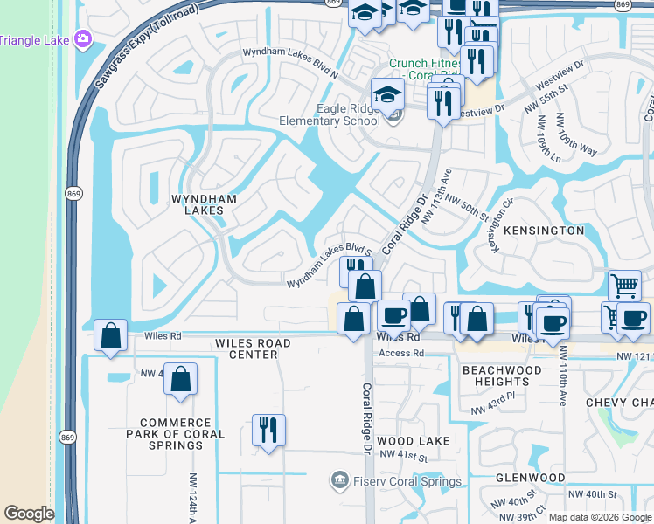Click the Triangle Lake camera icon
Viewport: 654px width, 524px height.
coord(84,38)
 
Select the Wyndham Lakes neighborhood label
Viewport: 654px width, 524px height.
coord(204,204)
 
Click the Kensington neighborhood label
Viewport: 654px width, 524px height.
coord(545,231)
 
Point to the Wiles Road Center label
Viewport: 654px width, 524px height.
coord(247,348)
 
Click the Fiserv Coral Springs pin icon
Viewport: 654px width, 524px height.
coord(339,480)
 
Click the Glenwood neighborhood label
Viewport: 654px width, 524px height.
coord(530,478)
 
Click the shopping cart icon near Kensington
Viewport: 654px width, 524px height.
coord(624,285)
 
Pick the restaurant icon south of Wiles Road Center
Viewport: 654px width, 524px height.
coord(268,431)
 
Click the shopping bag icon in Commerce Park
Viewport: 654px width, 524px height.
coord(180,379)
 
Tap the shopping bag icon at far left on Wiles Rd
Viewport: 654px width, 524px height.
coord(111,335)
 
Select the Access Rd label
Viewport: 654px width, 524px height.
coord(400,354)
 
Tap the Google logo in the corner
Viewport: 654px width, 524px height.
coord(29,514)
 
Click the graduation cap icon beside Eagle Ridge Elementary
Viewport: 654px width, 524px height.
coord(386,96)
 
